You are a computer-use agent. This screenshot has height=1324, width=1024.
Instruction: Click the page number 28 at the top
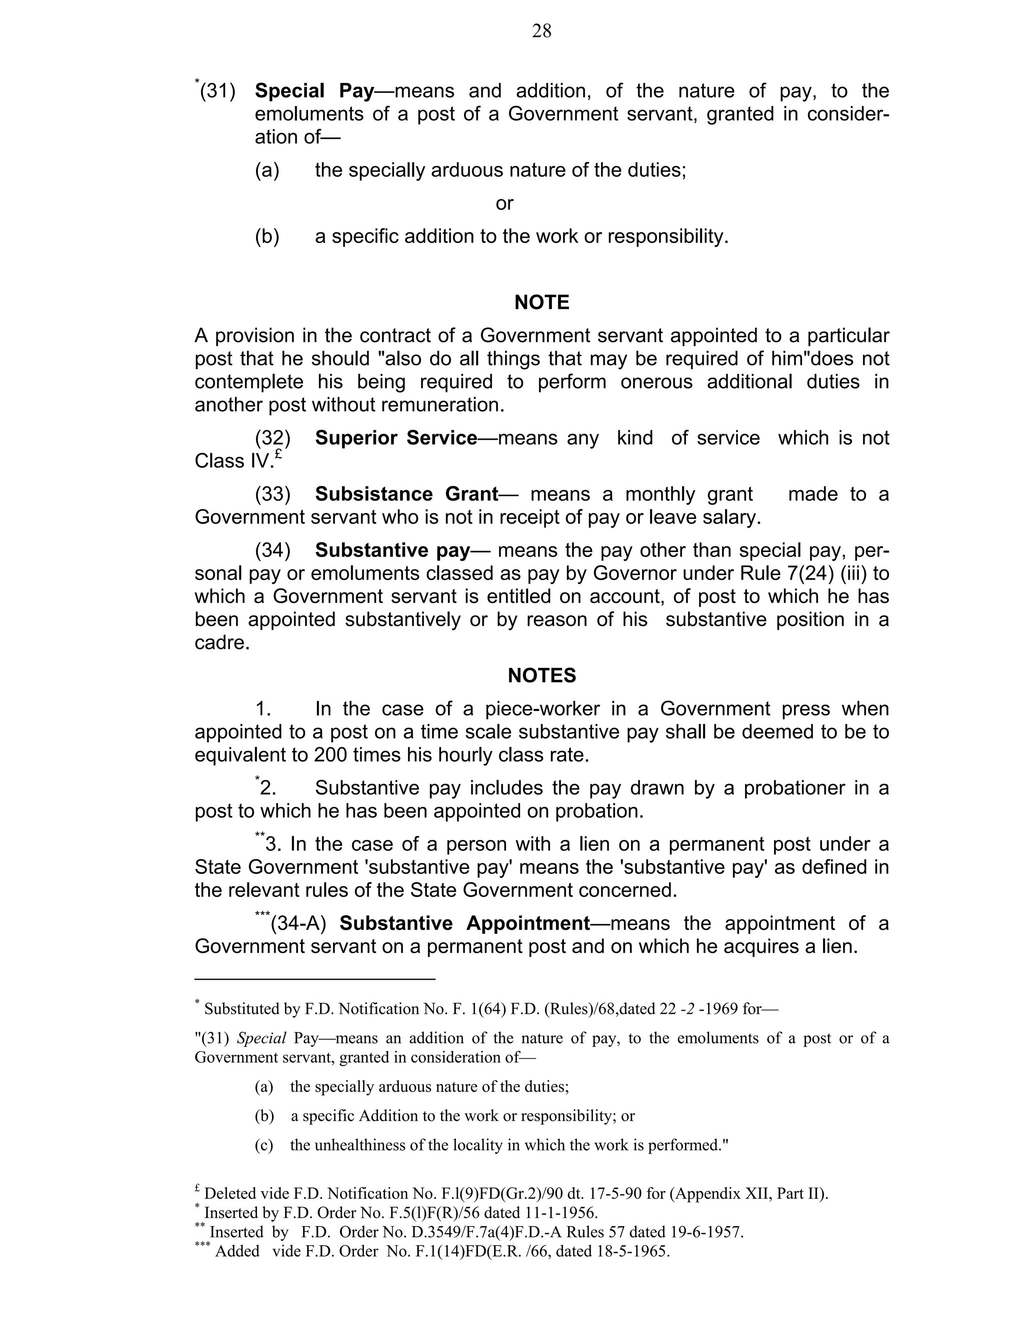[x=541, y=31]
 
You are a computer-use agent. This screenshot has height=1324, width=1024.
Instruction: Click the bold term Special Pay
[x=314, y=91]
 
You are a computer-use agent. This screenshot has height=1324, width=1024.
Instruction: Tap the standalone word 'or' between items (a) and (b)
[x=504, y=204]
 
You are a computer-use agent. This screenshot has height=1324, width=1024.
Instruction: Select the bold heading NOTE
[x=541, y=302]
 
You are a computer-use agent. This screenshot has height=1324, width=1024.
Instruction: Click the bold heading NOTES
[x=541, y=675]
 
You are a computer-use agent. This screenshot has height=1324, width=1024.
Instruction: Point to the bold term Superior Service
[x=396, y=438]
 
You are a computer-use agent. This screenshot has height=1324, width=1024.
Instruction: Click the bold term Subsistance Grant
[x=406, y=495]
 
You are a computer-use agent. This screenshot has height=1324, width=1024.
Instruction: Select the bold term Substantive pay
[x=392, y=551]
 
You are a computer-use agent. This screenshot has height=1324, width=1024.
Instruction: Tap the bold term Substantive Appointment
[x=464, y=923]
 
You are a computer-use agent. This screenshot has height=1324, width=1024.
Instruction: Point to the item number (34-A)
[x=298, y=923]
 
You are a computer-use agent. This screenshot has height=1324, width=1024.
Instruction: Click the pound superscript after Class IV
[x=278, y=454]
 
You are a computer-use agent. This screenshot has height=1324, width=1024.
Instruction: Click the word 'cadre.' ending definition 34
[x=222, y=643]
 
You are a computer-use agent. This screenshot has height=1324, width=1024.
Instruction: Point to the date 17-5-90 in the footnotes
[x=617, y=1194]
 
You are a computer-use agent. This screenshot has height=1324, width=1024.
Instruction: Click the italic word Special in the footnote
[x=261, y=1039]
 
